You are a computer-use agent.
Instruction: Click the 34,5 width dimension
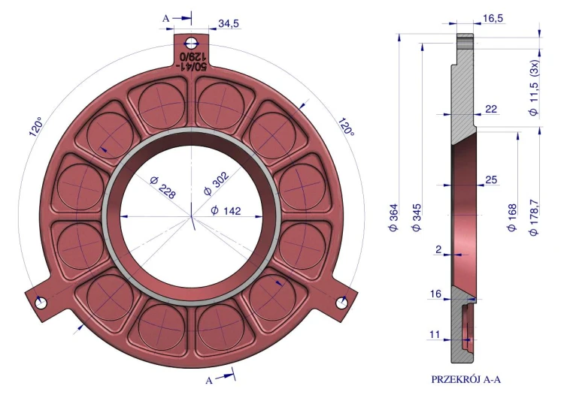pyautogui.click(x=229, y=24)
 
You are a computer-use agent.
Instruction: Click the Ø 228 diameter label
pyautogui.click(x=163, y=188)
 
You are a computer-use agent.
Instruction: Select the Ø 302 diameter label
pyautogui.click(x=216, y=183)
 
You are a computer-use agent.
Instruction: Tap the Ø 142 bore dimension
pyautogui.click(x=226, y=210)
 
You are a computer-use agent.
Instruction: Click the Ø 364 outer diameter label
pyautogui.click(x=394, y=217)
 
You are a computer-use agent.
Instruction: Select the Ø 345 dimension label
pyautogui.click(x=416, y=217)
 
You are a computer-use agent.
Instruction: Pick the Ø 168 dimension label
pyautogui.click(x=511, y=217)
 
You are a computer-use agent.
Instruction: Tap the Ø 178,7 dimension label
pyautogui.click(x=534, y=218)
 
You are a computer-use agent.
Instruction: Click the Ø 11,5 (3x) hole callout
pyautogui.click(x=534, y=87)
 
